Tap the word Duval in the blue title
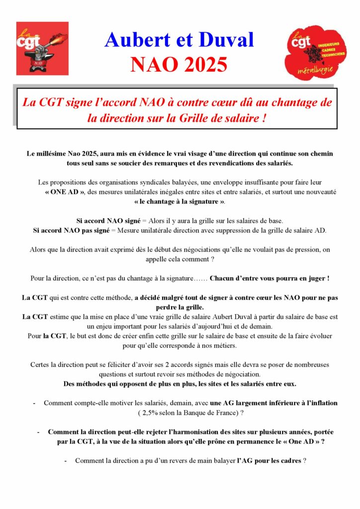(x=223, y=40)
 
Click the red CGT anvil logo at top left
(x=42, y=48)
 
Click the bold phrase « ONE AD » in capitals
(x=65, y=191)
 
